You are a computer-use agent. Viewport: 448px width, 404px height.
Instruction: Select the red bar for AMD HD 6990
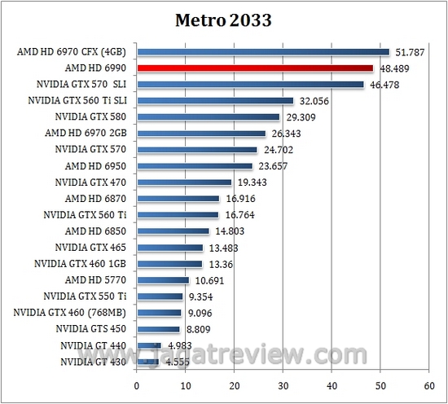(x=255, y=69)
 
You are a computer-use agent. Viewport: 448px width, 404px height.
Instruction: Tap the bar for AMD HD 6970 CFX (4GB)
(x=263, y=53)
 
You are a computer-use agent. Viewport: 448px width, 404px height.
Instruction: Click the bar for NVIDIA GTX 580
(x=208, y=117)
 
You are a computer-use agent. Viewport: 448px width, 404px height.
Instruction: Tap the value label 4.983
(x=178, y=346)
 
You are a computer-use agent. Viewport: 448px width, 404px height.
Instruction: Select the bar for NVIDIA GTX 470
(x=184, y=182)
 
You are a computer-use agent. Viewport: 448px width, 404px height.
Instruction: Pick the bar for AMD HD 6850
(x=173, y=231)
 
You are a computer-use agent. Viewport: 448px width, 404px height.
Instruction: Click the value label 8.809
(x=196, y=330)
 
